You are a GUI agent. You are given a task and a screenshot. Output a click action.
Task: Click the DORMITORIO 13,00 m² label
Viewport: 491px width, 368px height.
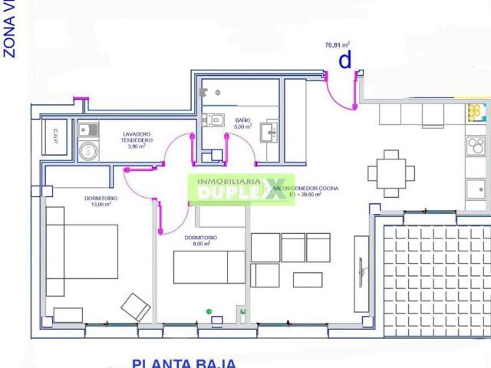click(x=101, y=202)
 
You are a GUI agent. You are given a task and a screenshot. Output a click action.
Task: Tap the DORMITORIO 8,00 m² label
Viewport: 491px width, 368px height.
click(x=200, y=242)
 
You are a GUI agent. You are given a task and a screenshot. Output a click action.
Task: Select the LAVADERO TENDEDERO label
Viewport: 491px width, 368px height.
click(x=138, y=140)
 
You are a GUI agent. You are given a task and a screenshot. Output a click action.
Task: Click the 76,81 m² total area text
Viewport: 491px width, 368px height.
click(x=338, y=45)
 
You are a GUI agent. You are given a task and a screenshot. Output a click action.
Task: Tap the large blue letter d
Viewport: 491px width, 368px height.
click(x=345, y=60)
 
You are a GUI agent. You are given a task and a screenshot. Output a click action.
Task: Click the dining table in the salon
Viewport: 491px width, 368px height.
click(x=391, y=172)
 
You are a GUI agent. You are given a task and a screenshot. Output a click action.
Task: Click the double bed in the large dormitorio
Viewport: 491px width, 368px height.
click(x=81, y=251)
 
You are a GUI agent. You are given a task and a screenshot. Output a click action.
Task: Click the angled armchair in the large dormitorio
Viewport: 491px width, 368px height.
click(x=137, y=307)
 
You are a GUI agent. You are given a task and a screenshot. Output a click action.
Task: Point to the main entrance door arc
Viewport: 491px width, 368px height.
click(x=338, y=92)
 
